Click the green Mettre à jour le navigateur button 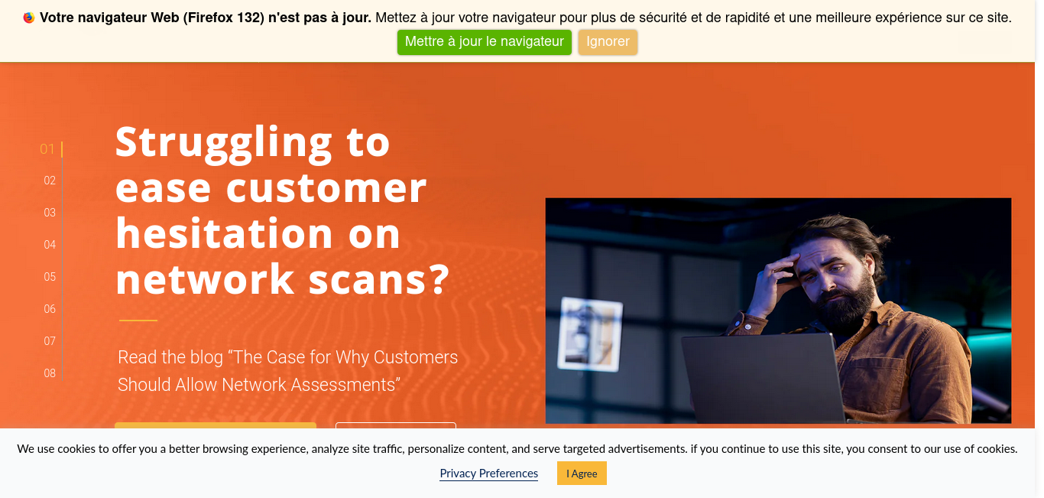[x=485, y=42]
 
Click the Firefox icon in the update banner [x=29, y=18]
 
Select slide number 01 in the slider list [x=47, y=148]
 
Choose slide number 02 [x=50, y=181]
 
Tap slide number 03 [x=50, y=213]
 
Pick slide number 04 [x=50, y=245]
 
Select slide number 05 [x=50, y=277]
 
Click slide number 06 [x=50, y=309]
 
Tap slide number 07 [x=50, y=341]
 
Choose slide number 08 [x=50, y=373]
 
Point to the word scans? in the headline [x=378, y=279]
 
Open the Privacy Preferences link [x=488, y=474]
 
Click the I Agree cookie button [x=582, y=474]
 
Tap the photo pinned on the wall [x=590, y=334]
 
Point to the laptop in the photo [x=764, y=379]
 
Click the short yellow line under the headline [x=138, y=321]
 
